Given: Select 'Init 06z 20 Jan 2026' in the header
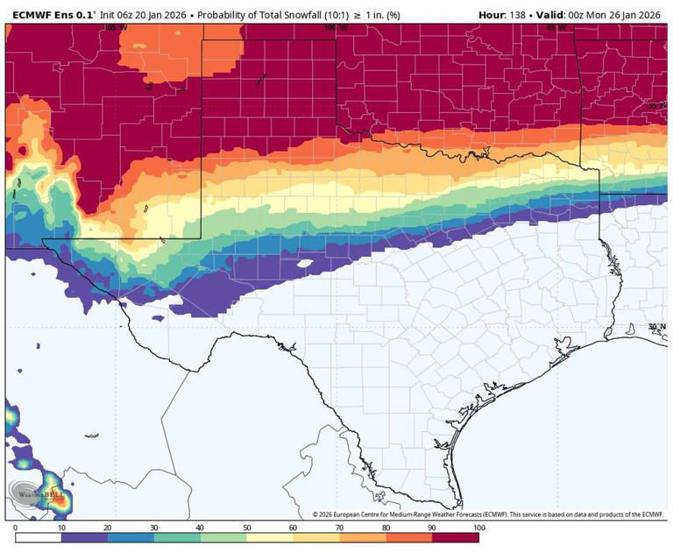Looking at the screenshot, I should [x=138, y=15].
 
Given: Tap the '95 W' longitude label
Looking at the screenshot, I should [x=556, y=28].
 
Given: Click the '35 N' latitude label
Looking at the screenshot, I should [x=657, y=106].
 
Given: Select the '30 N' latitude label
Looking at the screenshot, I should [x=657, y=326].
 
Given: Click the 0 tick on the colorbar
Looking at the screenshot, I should [x=16, y=528].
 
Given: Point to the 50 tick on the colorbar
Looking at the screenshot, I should [x=248, y=528].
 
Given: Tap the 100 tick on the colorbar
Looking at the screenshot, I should [x=478, y=528].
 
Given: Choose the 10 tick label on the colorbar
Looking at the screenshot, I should [x=61, y=528].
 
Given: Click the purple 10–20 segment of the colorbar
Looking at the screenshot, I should [x=85, y=537].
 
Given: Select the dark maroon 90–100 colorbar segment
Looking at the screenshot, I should [x=456, y=537].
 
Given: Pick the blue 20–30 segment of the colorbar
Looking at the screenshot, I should [x=131, y=537].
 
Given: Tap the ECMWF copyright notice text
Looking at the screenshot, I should [x=491, y=514].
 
